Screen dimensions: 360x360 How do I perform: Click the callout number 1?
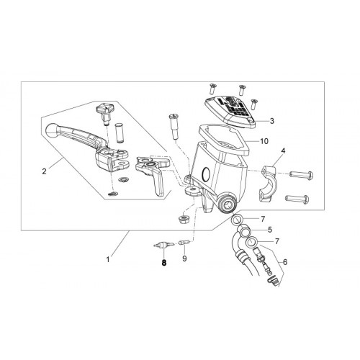[x=108, y=259]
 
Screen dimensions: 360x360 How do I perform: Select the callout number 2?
[x=44, y=171]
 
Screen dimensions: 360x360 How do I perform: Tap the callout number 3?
[x=271, y=121]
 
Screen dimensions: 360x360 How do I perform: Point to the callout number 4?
[x=283, y=151]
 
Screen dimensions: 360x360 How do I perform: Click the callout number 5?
[x=270, y=230]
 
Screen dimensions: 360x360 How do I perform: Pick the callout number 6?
[x=285, y=262]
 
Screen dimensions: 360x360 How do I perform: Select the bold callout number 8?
[x=164, y=263]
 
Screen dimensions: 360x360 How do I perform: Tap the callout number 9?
[x=184, y=258]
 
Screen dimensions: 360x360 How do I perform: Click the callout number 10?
[x=264, y=141]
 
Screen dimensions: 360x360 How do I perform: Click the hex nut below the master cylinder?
[x=184, y=219]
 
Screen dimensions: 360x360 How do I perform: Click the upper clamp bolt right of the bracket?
[x=302, y=174]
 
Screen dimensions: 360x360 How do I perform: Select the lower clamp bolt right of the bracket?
[x=297, y=199]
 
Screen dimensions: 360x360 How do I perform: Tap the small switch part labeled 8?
[x=163, y=245]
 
